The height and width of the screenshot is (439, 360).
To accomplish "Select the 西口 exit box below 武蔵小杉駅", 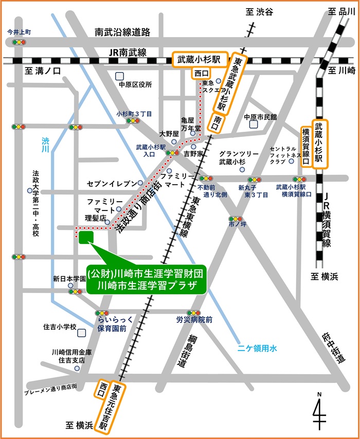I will click(x=201, y=74).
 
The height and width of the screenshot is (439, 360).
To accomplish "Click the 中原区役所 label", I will click(x=135, y=85).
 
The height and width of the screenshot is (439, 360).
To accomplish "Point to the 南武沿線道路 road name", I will click(x=122, y=32).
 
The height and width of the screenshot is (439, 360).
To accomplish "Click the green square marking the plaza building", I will click(x=86, y=237).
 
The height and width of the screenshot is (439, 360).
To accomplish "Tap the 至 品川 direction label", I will click(x=338, y=11).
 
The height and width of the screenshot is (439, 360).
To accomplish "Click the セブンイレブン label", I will click(x=112, y=183).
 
